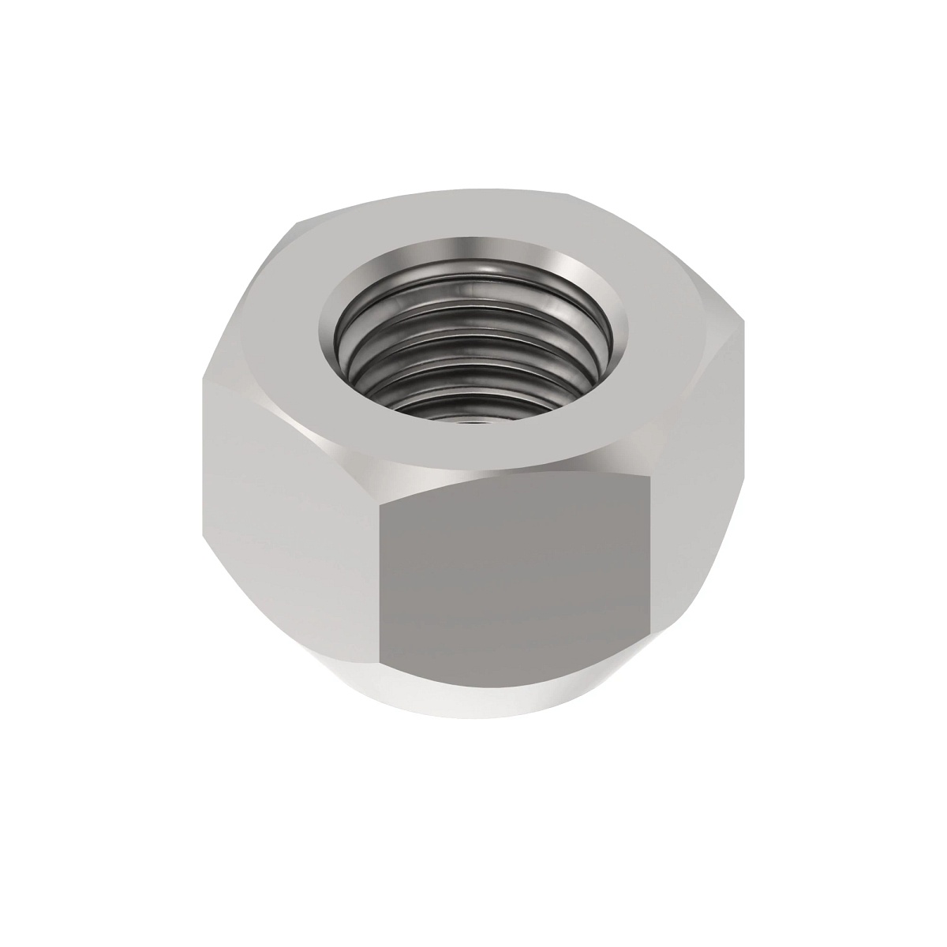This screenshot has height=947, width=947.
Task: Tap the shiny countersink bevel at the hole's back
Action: [473, 251]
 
